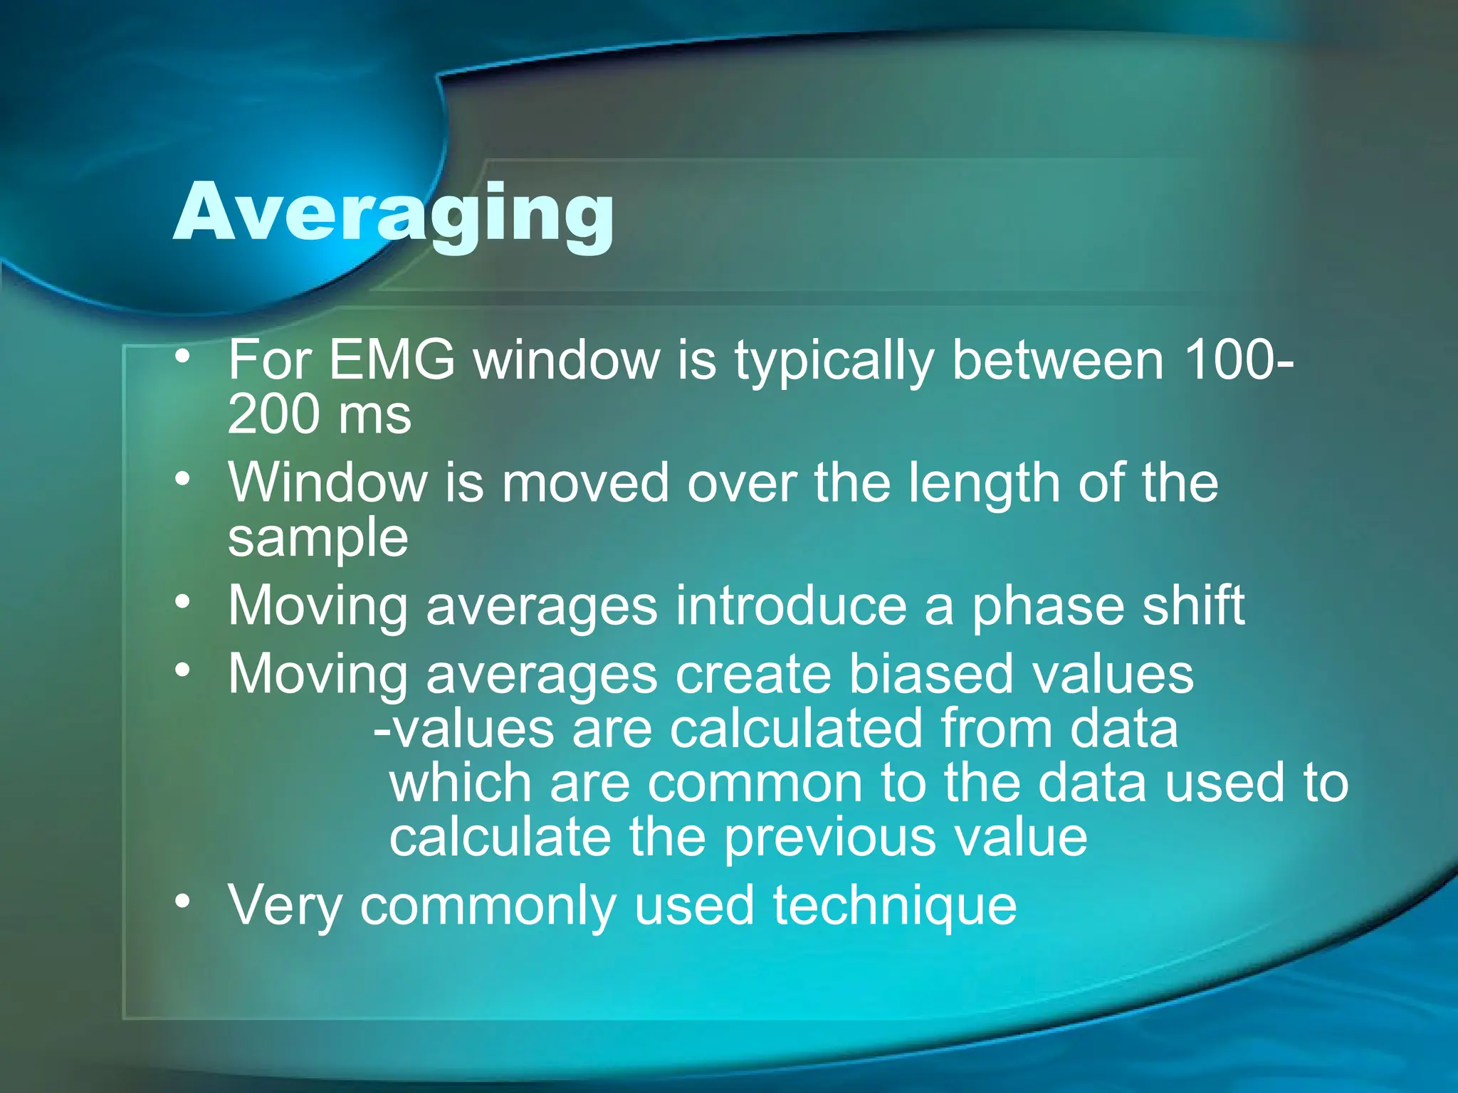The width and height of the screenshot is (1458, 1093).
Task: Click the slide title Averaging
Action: tap(393, 213)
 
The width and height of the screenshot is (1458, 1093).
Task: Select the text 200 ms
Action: tap(319, 415)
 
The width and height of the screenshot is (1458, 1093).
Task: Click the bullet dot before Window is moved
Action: tap(183, 479)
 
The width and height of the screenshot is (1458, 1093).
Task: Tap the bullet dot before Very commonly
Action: tap(183, 902)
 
